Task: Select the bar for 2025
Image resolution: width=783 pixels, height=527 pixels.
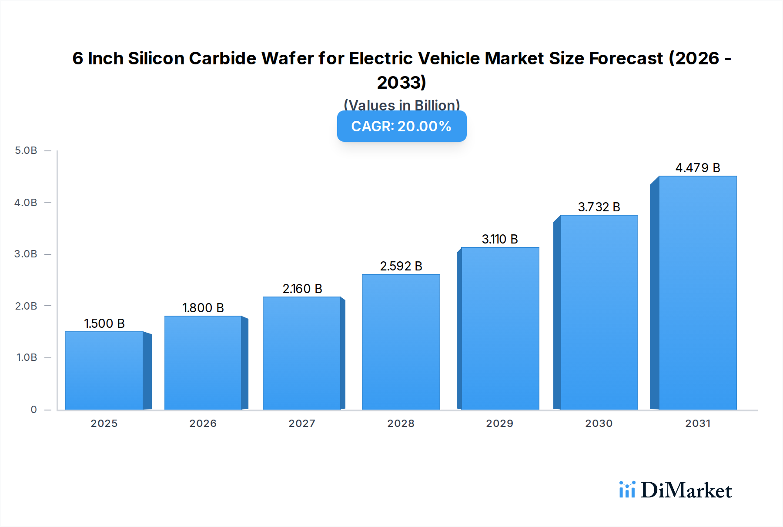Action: [x=104, y=370]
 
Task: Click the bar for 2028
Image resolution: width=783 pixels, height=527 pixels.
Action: [x=401, y=342]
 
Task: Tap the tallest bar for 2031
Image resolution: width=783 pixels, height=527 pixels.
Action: [x=697, y=293]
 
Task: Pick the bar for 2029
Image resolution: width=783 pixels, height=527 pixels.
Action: [x=500, y=328]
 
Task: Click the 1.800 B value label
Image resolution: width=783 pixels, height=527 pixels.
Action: [x=203, y=308]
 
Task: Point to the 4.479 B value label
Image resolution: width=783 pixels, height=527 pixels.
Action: [x=697, y=168]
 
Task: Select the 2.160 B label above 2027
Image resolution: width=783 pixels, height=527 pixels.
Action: [x=302, y=289]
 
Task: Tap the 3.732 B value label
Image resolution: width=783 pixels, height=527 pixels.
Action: [x=599, y=207]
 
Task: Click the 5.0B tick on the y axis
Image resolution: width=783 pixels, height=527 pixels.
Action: [x=26, y=150]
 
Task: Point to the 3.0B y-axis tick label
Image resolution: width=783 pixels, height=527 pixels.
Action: [x=26, y=254]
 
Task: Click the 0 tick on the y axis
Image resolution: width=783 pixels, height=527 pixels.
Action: [x=33, y=410]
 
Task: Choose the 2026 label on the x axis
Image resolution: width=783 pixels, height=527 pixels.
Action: [x=203, y=424]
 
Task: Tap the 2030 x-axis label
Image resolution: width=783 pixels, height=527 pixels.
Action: [x=599, y=424]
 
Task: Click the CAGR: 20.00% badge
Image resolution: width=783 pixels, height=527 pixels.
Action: [x=402, y=126]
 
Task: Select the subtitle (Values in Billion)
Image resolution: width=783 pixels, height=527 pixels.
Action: [x=402, y=105]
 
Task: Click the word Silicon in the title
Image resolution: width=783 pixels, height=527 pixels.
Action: [x=156, y=58]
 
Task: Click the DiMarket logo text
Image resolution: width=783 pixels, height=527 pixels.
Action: [x=686, y=490]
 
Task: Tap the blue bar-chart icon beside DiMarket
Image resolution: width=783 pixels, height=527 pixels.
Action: [x=627, y=490]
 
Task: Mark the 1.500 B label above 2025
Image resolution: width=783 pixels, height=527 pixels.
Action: [x=104, y=324]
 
